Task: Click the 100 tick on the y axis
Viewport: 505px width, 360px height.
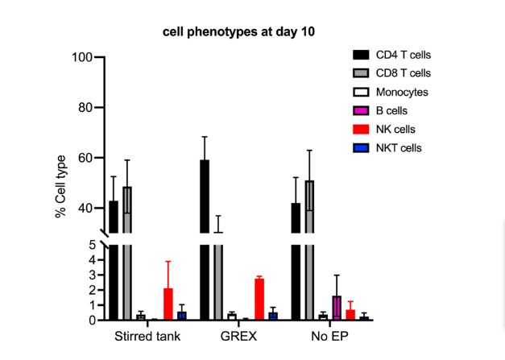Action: pyautogui.click(x=81, y=57)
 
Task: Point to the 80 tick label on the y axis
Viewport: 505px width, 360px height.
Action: pyautogui.click(x=85, y=107)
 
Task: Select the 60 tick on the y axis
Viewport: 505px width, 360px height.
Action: pyautogui.click(x=85, y=158)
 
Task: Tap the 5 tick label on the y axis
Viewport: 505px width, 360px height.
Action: pyautogui.click(x=93, y=245)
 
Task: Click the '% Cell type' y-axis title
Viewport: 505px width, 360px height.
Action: pyautogui.click(x=60, y=189)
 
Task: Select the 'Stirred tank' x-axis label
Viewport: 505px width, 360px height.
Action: pyautogui.click(x=147, y=336)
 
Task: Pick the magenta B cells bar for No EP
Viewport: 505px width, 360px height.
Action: pyautogui.click(x=337, y=308)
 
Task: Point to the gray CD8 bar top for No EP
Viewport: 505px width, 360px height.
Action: pyautogui.click(x=309, y=182)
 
